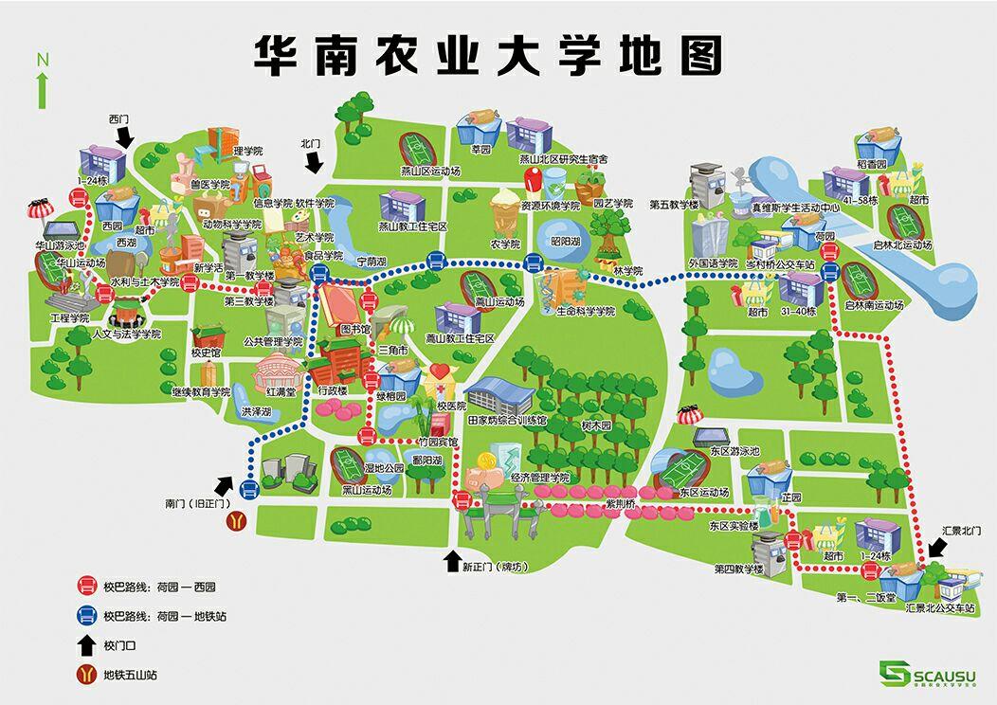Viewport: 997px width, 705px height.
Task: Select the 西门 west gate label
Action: click(118, 119)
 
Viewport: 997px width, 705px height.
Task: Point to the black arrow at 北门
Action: click(313, 162)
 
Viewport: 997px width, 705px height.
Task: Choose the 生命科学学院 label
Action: click(586, 311)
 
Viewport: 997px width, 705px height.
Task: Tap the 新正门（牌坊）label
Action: click(493, 567)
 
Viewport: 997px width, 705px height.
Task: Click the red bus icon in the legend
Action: click(86, 587)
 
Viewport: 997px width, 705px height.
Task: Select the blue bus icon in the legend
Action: click(86, 616)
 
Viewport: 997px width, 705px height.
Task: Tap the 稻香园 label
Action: click(870, 164)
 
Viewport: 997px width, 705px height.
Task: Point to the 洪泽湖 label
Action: click(256, 412)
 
